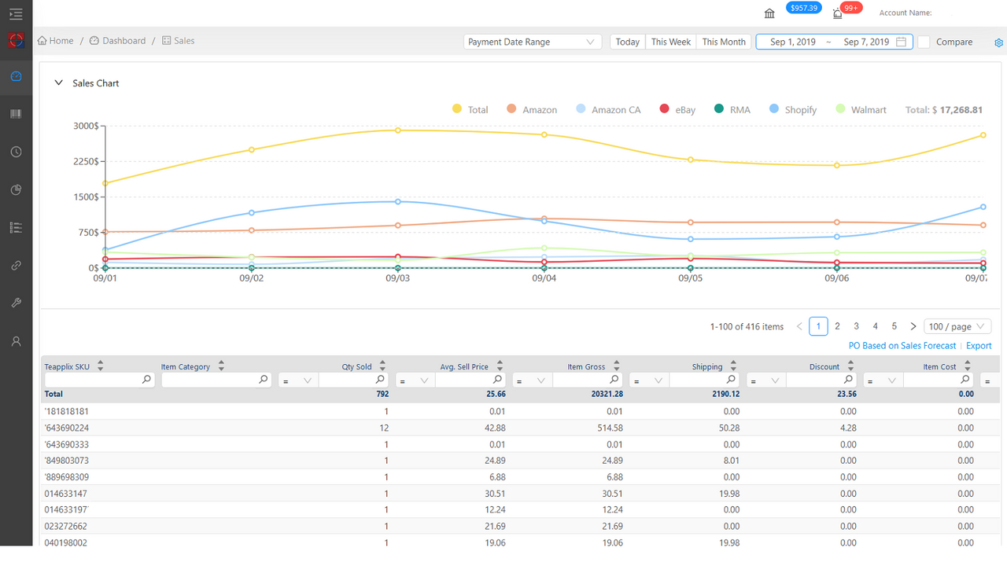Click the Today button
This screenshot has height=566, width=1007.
pos(627,42)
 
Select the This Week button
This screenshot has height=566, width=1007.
pos(670,42)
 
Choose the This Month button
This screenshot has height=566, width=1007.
pos(723,42)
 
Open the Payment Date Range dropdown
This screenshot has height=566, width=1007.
pos(532,42)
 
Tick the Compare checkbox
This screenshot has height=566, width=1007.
pos(924,42)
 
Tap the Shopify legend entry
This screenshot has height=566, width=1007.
pos(793,110)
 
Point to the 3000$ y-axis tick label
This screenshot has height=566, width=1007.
pos(85,126)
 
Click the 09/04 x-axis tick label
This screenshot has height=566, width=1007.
pos(544,278)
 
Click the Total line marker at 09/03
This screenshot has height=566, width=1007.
pos(398,130)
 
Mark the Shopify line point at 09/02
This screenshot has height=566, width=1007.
pos(252,213)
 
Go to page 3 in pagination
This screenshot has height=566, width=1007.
pos(856,326)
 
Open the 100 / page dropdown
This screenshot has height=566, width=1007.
pos(957,326)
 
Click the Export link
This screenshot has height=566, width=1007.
pos(979,346)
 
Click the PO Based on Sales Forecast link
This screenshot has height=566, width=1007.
pos(902,346)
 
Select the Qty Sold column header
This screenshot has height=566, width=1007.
pos(356,366)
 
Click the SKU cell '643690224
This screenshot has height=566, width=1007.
pos(67,428)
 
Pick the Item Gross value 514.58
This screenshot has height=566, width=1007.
pos(605,428)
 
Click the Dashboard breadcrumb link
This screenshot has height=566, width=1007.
pos(124,41)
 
